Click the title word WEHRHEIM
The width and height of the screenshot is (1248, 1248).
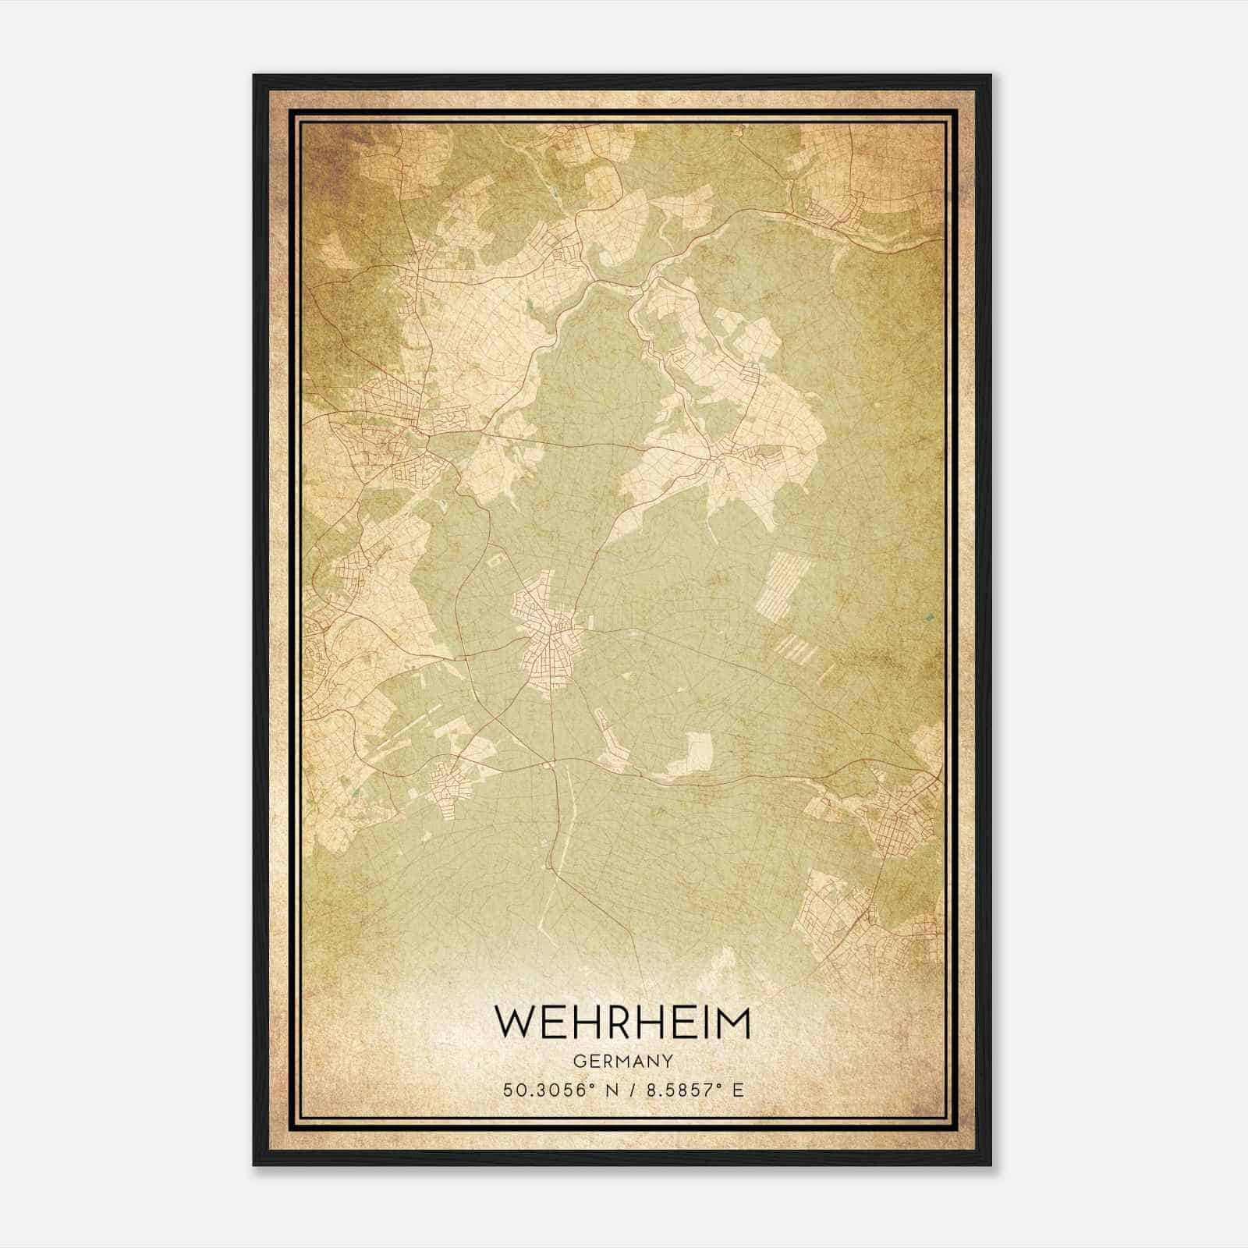[622, 1023]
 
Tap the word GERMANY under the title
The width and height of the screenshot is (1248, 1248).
[622, 1061]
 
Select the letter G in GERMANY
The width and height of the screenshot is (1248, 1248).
[578, 1061]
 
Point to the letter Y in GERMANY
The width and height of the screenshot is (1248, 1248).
[668, 1061]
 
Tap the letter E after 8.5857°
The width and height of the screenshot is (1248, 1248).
[738, 1090]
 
